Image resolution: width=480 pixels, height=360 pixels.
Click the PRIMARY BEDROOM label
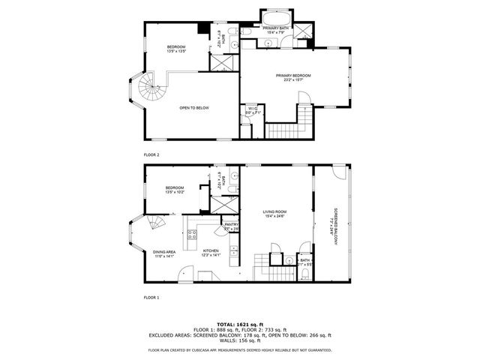pos(293,76)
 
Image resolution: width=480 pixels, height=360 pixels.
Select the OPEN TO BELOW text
pos(193,108)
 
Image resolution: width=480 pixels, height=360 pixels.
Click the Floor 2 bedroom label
pos(176,47)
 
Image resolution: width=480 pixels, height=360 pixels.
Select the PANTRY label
pos(232,224)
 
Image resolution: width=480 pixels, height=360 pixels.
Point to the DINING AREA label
pos(163,252)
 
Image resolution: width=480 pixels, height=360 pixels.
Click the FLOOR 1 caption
pos(151,298)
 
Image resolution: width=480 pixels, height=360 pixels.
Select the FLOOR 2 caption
pos(151,154)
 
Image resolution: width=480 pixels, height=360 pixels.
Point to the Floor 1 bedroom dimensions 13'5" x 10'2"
pos(175,193)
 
